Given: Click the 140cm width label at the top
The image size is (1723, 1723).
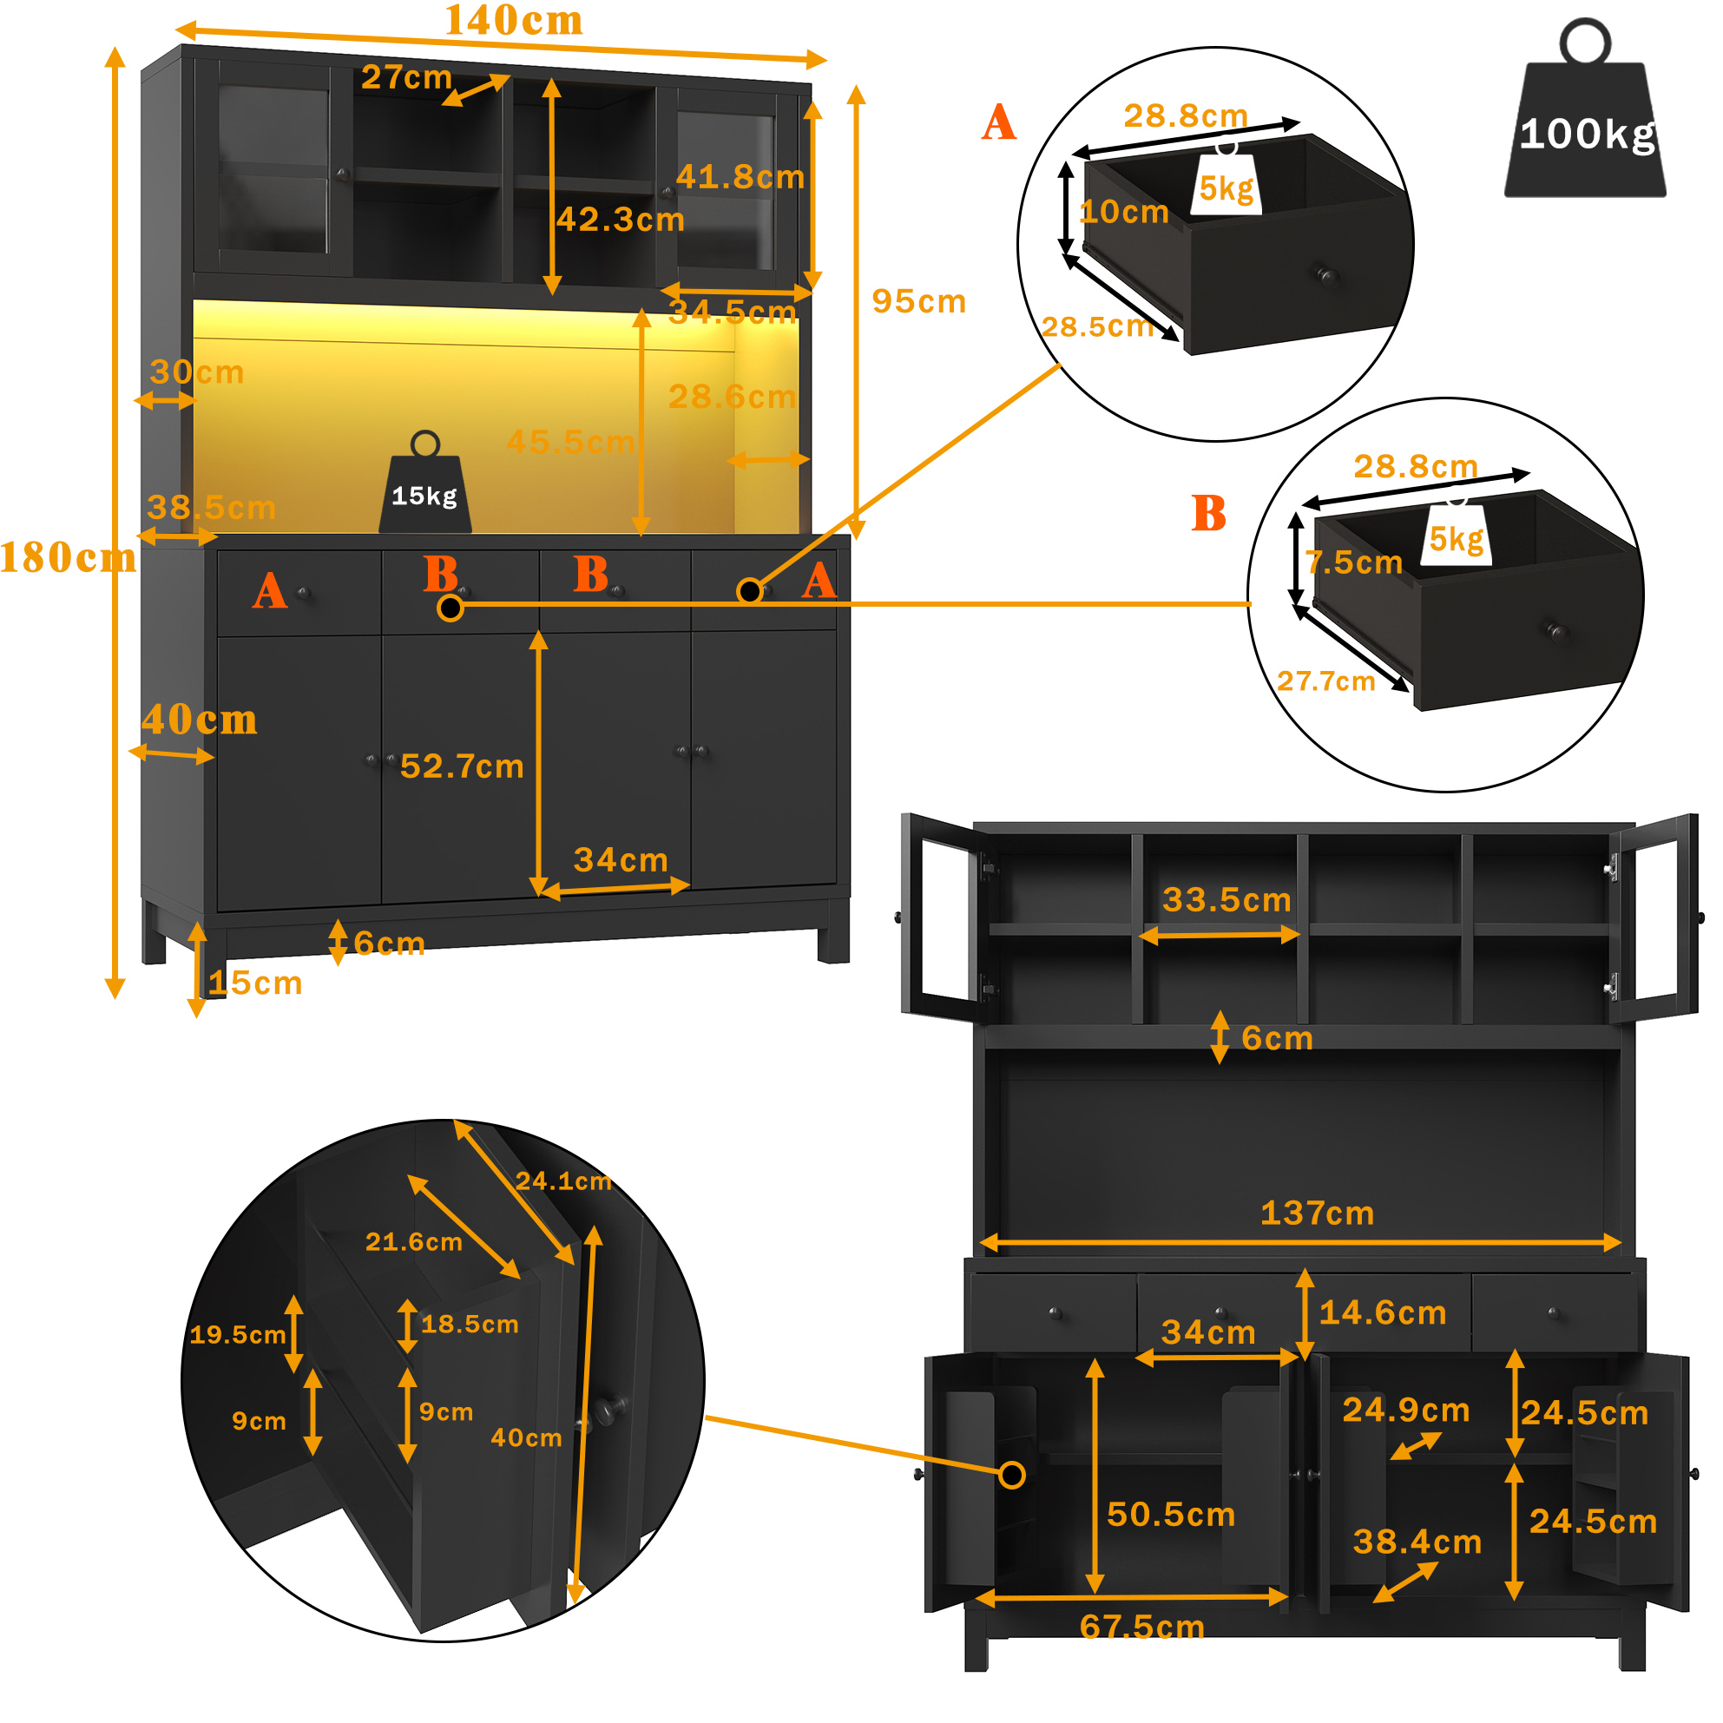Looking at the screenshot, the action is point(514,21).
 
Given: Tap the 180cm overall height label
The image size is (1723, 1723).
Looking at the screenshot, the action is point(68,558).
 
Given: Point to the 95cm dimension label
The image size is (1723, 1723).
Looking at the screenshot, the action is point(919,301).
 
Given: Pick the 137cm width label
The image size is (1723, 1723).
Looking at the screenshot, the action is point(1318,1213).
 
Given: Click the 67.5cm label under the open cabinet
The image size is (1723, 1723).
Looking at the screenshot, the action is point(1141,1628).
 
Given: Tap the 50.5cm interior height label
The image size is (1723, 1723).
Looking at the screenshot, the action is point(1171,1516).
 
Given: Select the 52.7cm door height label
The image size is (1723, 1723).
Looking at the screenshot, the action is point(462,767).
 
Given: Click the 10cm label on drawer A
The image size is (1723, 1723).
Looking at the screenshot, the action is point(1125,213).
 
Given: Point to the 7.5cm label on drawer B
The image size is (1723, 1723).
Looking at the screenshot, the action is point(1354,562).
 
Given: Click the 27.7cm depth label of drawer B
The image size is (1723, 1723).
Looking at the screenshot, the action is point(1326,682).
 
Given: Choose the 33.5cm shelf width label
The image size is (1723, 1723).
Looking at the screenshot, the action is point(1227,901).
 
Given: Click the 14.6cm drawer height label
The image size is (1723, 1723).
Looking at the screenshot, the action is point(1383,1313).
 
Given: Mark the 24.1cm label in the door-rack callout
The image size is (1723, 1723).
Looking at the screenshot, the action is point(563,1181).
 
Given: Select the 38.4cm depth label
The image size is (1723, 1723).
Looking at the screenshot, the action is point(1417,1542).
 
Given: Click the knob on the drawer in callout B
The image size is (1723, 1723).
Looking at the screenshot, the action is point(1557,633).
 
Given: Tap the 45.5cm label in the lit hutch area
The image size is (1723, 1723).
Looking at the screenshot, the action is point(571,443).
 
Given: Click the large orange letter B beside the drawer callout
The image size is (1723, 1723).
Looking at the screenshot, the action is point(1209,514).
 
